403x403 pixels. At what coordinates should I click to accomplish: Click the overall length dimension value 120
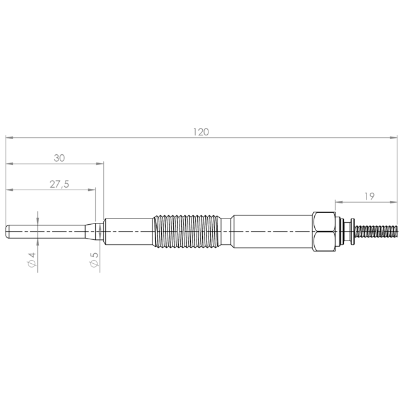(x=201, y=132)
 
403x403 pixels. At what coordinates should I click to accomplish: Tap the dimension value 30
(x=59, y=158)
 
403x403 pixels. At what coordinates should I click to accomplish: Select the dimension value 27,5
(x=59, y=184)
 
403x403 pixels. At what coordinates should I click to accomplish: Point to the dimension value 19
(x=370, y=196)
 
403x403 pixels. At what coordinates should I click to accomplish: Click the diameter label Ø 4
(x=32, y=260)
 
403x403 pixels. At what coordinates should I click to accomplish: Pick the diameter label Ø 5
(x=94, y=259)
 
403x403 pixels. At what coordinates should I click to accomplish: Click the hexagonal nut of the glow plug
(x=324, y=232)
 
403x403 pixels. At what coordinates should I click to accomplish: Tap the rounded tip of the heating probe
(x=8, y=231)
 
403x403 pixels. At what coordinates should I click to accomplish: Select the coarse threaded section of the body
(x=186, y=232)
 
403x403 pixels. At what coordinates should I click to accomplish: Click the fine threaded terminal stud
(x=377, y=232)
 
